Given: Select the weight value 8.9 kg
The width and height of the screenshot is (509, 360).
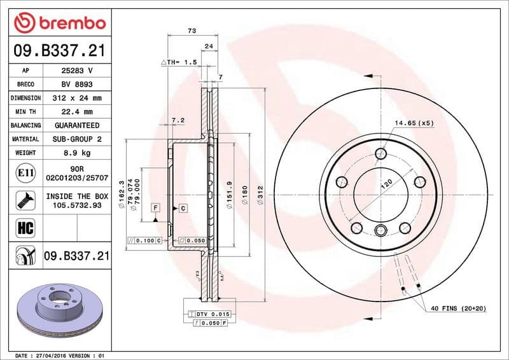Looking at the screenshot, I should point(77,153).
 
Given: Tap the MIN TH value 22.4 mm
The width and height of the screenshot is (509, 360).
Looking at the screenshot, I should point(77,111).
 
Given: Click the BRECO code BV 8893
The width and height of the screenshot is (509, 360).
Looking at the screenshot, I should point(77,84).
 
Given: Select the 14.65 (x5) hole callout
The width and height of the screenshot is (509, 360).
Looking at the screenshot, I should point(414,123).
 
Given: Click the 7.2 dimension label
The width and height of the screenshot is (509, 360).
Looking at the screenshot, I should point(178,120).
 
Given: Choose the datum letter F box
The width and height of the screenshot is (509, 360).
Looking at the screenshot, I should point(155,208).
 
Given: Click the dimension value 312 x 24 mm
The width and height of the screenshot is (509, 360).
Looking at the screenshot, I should point(77,98).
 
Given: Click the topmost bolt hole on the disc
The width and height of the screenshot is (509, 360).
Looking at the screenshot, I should point(381,153).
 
